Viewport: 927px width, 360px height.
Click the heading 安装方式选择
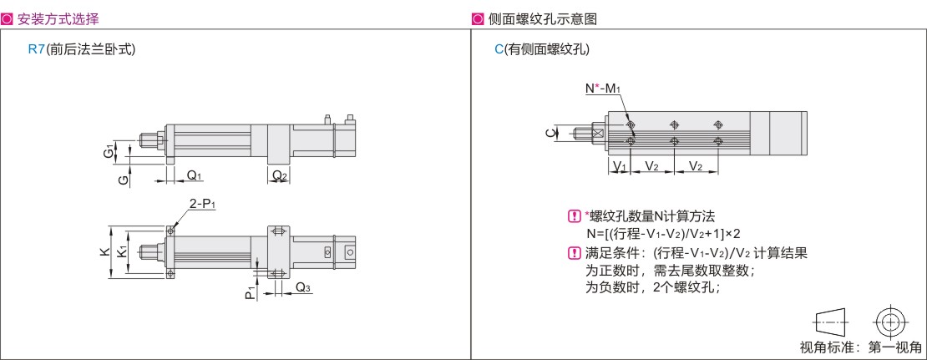coord(58,19)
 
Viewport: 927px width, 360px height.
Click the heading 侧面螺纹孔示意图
coord(543,19)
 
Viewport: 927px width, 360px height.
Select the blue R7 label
coord(37,49)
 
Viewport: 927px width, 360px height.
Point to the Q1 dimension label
coord(195,175)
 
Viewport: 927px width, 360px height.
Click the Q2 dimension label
coord(280,175)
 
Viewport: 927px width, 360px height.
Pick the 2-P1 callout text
coord(203,204)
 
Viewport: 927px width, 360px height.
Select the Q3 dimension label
coord(303,288)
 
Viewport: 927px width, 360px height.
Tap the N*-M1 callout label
coord(602,88)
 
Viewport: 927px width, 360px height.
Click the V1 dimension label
coord(619,167)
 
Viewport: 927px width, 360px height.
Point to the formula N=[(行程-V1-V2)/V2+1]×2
coord(663,233)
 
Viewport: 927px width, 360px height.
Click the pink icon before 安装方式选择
coord(8,19)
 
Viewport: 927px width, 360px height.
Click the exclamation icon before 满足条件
coord(574,254)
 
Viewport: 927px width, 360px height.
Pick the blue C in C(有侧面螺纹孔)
coord(499,49)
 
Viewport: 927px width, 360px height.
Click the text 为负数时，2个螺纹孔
coord(652,288)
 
